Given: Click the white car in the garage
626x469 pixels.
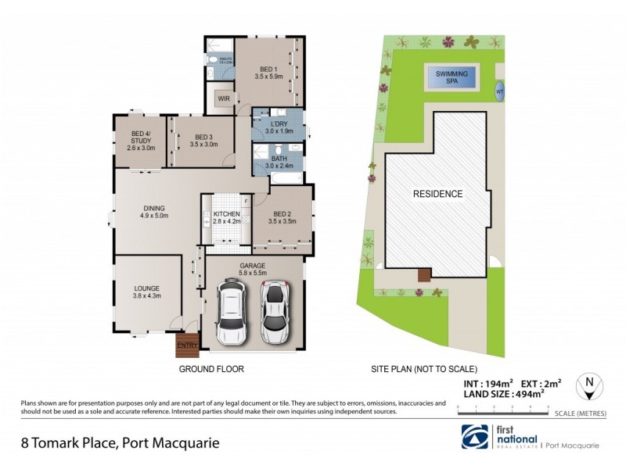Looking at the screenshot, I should point(231,313).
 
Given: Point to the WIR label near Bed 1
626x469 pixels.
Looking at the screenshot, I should point(224,99).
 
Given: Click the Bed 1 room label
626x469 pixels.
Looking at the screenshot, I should point(268,73).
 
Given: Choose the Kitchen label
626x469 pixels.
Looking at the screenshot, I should point(226,217).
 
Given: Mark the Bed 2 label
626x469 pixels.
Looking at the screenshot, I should point(282,217).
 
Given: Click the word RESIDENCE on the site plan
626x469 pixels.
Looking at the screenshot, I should point(437,194).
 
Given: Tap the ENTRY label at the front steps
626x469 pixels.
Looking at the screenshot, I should point(188,344).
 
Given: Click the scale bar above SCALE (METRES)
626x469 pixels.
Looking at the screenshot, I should point(501,405).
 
